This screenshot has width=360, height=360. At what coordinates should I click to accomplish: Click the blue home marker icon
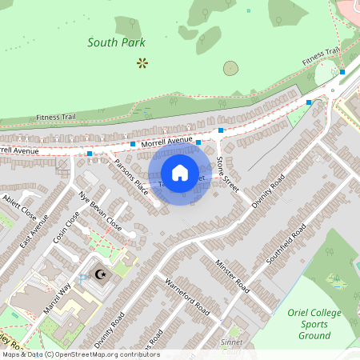pyautogui.click(x=180, y=172)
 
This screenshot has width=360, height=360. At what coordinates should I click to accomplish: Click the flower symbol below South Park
pyautogui.click(x=142, y=62)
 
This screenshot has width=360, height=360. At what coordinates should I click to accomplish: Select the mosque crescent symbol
pyautogui.click(x=102, y=274)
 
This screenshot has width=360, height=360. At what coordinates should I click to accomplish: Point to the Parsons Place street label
pyautogui.click(x=131, y=176)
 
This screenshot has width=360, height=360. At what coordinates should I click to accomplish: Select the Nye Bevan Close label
pyautogui.click(x=100, y=210)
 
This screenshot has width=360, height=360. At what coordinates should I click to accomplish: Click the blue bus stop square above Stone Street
pyautogui.click(x=221, y=130)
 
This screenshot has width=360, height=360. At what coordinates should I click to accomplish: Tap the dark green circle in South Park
pyautogui.click(x=230, y=68)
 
